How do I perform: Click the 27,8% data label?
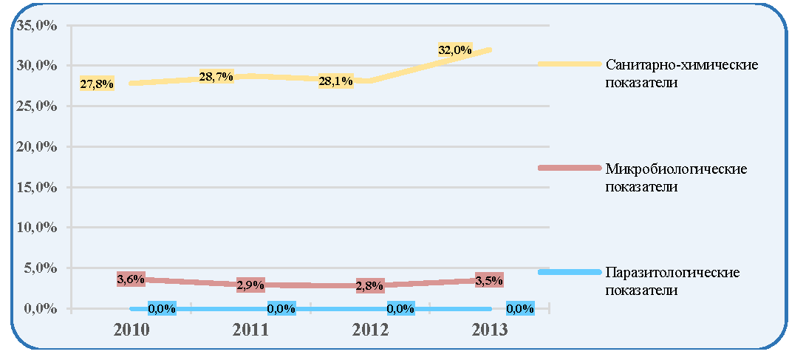coord(97,84)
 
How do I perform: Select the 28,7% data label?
coord(216,77)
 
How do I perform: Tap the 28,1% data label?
coord(335,81)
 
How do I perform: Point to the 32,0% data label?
coord(455,50)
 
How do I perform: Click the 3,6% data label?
coord(131,279)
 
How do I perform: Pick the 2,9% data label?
coord(250,285)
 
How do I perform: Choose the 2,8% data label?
coord(370,285)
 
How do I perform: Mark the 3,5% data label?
coord(489,280)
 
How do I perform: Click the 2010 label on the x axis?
coord(131,330)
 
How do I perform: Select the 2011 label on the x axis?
coord(251,330)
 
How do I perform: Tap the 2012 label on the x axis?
coord(370,330)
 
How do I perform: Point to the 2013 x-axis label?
coord(490,330)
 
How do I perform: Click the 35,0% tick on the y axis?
coord(36,26)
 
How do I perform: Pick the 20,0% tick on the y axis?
coord(36,147)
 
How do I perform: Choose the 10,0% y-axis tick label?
coord(36,228)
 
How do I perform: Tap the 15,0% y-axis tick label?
coord(36,187)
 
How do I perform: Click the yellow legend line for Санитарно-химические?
coord(570,64)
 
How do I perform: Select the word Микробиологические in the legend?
coord(677,169)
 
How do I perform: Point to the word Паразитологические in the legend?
coord(673,272)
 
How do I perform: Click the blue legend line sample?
coord(570,272)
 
